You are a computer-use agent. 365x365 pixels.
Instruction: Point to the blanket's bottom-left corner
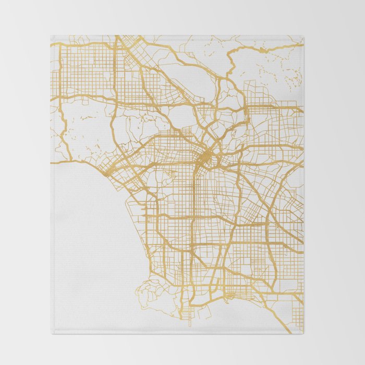[51, 333]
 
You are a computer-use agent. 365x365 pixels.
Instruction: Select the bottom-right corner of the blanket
[303, 333]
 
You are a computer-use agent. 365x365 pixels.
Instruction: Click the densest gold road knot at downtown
[205, 155]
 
